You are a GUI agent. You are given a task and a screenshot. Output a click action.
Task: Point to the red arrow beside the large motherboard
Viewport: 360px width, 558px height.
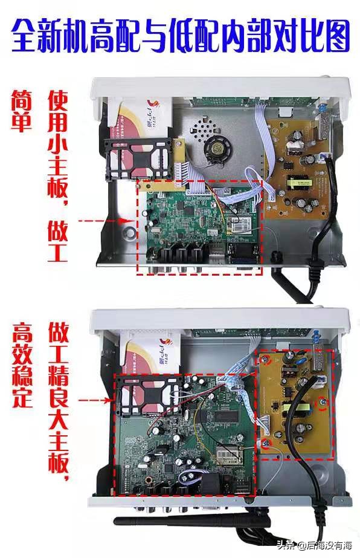click(x=97, y=400)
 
